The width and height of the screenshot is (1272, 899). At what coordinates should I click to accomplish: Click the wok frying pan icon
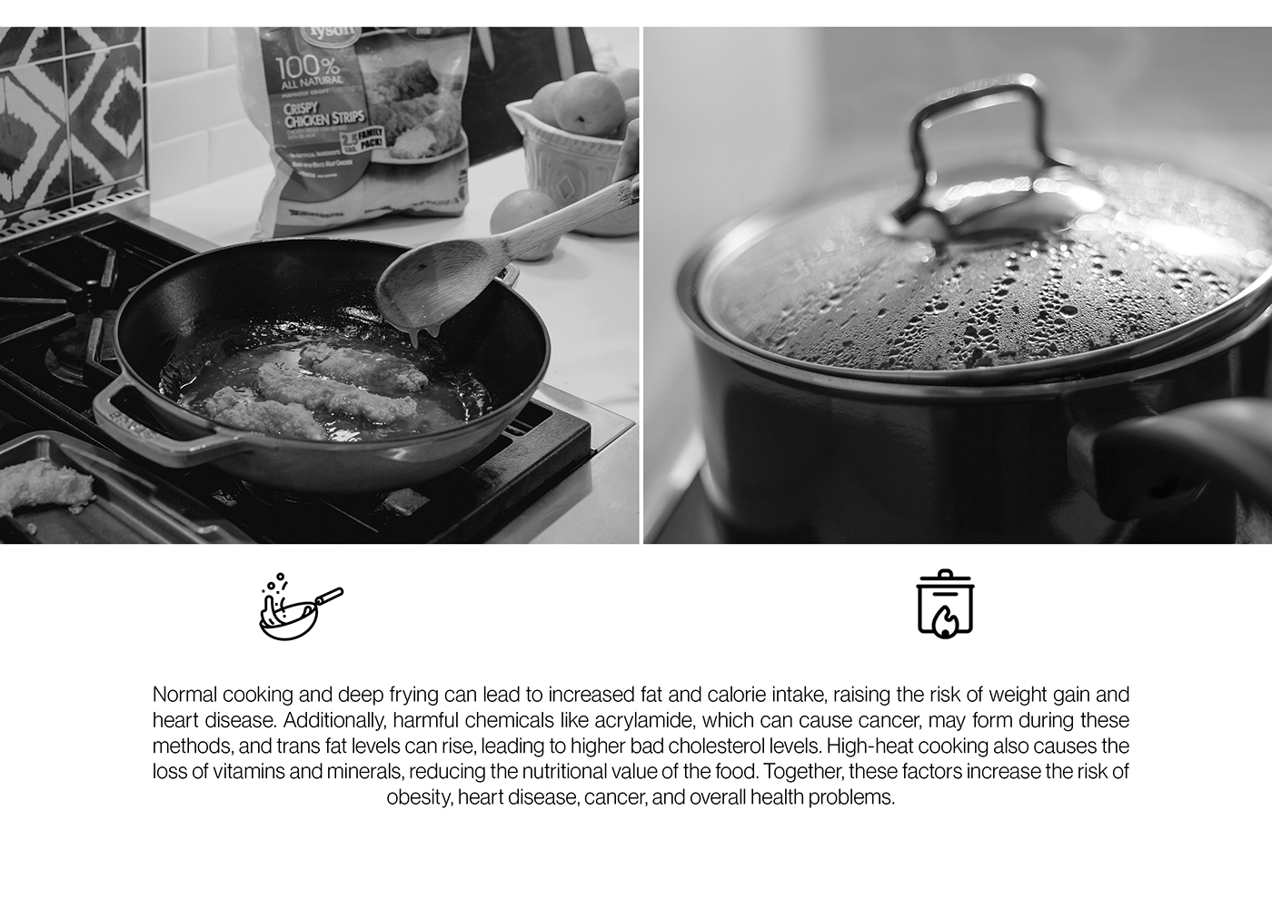(x=300, y=606)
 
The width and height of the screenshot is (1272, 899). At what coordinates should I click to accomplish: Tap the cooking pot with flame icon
(x=944, y=604)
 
